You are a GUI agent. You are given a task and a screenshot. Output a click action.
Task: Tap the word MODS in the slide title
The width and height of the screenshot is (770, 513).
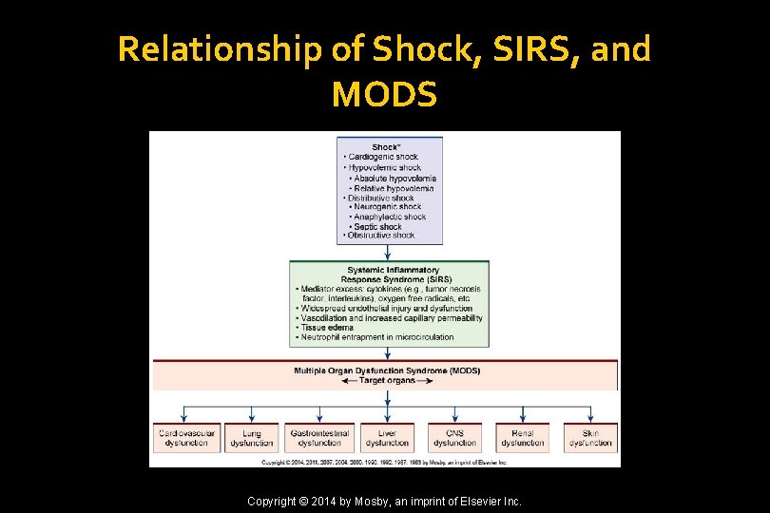(385, 94)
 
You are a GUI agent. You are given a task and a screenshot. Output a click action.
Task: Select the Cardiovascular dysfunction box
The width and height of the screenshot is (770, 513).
(185, 438)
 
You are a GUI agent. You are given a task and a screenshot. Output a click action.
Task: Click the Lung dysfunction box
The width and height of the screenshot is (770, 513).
(252, 438)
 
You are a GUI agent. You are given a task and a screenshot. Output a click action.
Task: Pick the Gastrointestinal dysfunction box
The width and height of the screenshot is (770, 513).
(319, 438)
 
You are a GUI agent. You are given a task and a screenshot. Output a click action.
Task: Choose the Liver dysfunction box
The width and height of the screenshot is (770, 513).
(387, 438)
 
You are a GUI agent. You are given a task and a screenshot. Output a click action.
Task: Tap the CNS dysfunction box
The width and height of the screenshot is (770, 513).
(454, 438)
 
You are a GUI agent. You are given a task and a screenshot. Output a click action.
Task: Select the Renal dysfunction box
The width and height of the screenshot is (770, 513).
(522, 438)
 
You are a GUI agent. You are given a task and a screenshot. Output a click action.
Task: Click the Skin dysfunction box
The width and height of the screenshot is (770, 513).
(590, 438)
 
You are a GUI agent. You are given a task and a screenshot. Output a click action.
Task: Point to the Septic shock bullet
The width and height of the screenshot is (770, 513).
(377, 227)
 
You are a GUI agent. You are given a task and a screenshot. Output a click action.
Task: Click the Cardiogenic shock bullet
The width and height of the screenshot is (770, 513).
(382, 157)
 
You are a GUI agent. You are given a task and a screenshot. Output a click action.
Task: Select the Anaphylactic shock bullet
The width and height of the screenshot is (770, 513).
(389, 217)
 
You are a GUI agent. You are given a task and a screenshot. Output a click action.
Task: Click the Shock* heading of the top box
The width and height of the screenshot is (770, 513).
(385, 146)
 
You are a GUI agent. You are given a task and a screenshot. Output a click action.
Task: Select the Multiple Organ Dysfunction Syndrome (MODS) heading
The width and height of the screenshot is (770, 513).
(386, 370)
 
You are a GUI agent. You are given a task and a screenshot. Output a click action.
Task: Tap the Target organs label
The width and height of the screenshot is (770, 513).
(386, 380)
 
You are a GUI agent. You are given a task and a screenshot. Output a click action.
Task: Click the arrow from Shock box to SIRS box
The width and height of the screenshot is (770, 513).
(390, 253)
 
